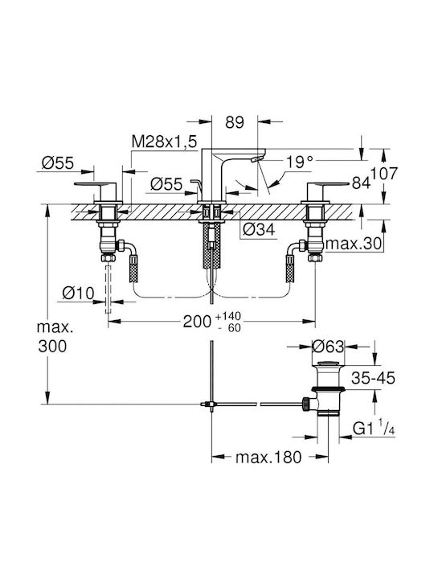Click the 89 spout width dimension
pos(235,122)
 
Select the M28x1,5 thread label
pos(165,142)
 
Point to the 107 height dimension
pos(384,174)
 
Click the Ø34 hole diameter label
pos(259,230)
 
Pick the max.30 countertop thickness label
pos(354,244)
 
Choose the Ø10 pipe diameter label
pos(78,294)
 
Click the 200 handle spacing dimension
pos(198,322)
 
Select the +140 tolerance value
pos(228,317)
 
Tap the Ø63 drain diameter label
pos(328,347)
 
